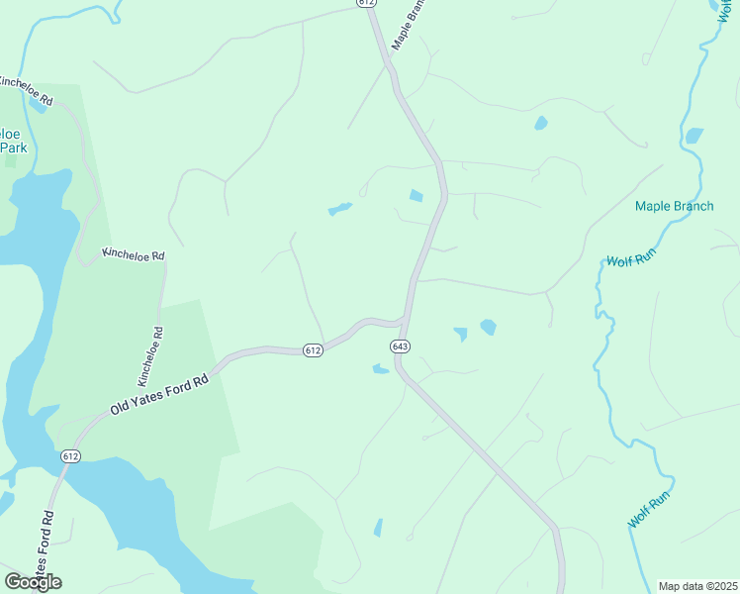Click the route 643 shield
[400, 346]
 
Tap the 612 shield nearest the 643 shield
[313, 350]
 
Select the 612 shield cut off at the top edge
[367, 4]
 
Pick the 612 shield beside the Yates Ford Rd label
[69, 456]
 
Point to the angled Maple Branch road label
[414, 25]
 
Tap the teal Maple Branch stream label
[673, 206]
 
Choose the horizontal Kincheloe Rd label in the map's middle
[134, 255]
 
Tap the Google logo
[33, 581]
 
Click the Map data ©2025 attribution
[697, 586]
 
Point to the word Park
[12, 147]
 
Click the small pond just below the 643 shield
[380, 370]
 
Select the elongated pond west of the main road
[339, 209]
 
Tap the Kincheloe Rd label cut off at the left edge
[26, 89]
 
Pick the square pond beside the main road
[416, 196]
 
